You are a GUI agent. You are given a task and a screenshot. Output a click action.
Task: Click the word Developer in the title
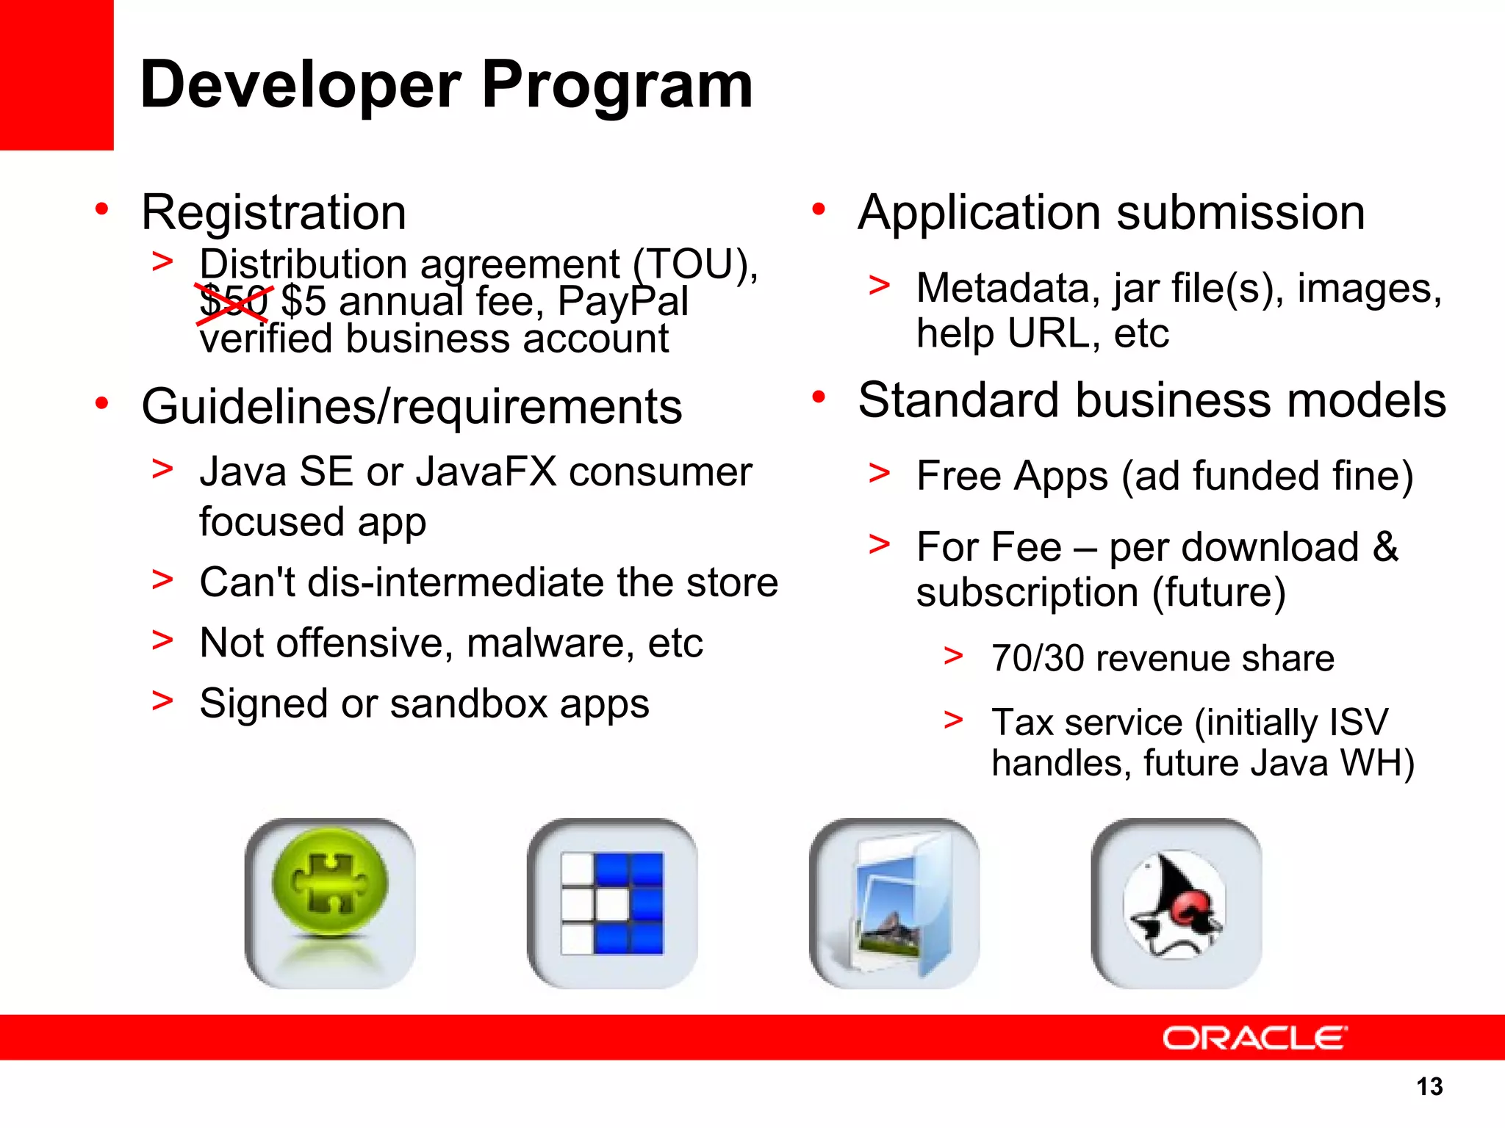(x=300, y=87)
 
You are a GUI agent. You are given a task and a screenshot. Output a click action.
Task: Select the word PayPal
(x=622, y=302)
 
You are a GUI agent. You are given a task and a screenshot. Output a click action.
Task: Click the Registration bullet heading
(x=273, y=213)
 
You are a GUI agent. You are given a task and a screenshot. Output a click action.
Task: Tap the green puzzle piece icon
(x=330, y=903)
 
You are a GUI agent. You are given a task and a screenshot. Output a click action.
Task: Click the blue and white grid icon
(x=612, y=903)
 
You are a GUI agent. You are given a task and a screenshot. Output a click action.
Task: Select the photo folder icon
(x=894, y=903)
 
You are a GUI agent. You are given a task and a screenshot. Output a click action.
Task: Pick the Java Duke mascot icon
(x=1176, y=903)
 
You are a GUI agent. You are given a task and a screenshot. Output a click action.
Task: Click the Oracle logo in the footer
(x=1254, y=1038)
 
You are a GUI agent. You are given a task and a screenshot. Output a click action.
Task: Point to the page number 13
(x=1429, y=1086)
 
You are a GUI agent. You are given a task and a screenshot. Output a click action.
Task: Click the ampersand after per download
(x=1385, y=547)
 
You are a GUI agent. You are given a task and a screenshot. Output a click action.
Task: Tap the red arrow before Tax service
(x=953, y=720)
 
